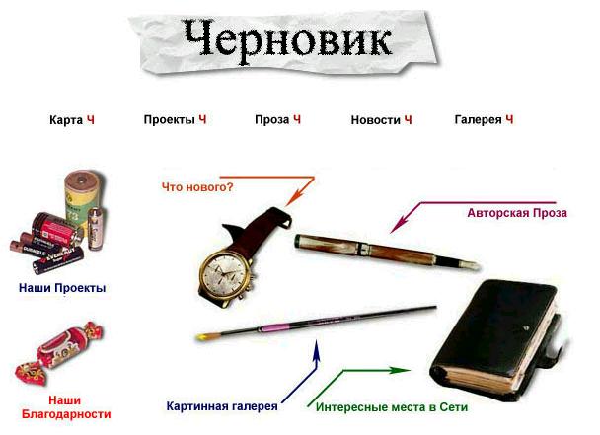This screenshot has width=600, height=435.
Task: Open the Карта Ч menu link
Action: click(x=72, y=120)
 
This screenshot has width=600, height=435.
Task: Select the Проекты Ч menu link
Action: click(x=175, y=119)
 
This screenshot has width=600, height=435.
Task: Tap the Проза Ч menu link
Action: click(x=277, y=119)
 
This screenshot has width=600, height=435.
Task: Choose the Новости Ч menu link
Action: click(x=381, y=120)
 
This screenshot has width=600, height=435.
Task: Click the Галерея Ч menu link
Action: click(x=484, y=119)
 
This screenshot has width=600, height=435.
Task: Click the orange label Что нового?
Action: click(x=197, y=187)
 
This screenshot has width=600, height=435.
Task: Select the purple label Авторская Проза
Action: click(x=517, y=213)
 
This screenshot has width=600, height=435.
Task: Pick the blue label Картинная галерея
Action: click(x=222, y=406)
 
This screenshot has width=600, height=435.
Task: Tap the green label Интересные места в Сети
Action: click(x=392, y=407)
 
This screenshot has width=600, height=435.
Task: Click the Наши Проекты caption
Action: click(x=62, y=288)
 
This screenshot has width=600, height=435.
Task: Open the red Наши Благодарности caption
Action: click(x=66, y=407)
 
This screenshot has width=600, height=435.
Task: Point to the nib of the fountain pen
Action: click(x=469, y=264)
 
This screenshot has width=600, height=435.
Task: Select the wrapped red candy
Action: click(x=59, y=353)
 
